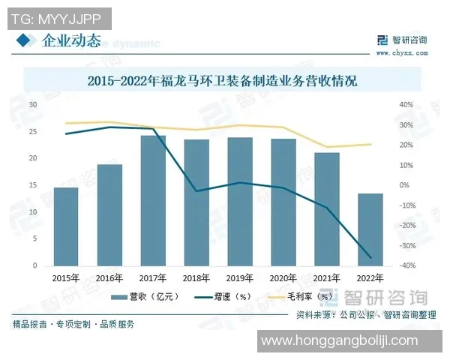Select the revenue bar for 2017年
click(x=153, y=201)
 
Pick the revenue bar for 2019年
click(x=240, y=202)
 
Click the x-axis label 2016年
click(x=109, y=277)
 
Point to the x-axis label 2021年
click(x=327, y=277)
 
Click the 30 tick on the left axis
click(x=33, y=104)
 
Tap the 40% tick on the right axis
click(x=406, y=105)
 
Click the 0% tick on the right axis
click(x=404, y=185)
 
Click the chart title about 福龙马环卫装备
click(x=222, y=80)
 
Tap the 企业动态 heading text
click(x=71, y=40)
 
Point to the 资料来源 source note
click(x=365, y=314)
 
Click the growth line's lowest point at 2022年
click(x=370, y=258)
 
